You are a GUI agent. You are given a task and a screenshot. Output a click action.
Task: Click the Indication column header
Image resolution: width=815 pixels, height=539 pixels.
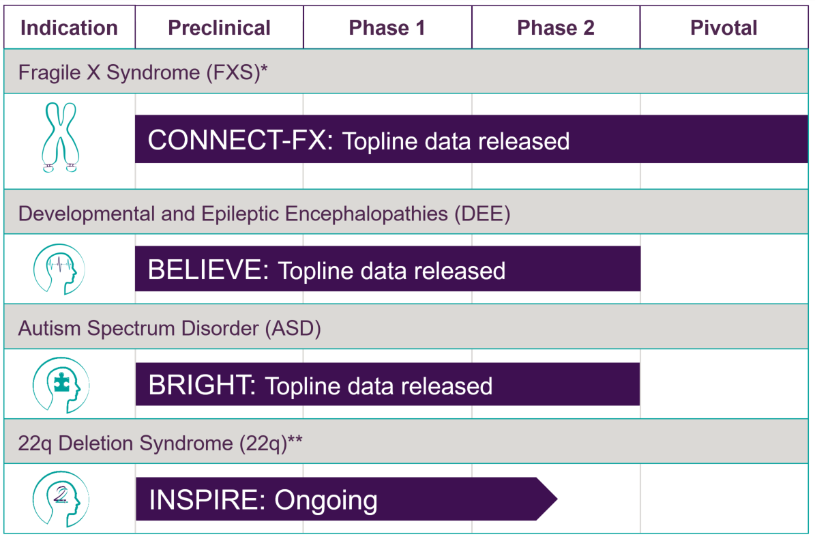point(69,28)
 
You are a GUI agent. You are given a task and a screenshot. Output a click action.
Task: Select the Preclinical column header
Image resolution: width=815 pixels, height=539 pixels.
point(220,28)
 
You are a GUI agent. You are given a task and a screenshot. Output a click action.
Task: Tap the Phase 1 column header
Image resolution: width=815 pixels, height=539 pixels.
point(387,28)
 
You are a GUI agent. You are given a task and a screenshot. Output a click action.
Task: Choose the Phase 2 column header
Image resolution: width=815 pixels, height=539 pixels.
point(556,28)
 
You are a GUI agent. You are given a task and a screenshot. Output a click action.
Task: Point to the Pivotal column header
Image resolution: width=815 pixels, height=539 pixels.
point(724,28)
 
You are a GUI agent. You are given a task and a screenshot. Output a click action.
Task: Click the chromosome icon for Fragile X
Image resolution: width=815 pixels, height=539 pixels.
point(61,137)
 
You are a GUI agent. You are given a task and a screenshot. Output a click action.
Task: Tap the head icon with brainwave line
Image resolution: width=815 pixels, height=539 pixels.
point(59,269)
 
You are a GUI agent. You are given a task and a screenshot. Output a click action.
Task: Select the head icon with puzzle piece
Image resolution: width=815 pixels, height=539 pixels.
point(61,385)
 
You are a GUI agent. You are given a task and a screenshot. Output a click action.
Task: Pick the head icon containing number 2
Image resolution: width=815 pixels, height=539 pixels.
point(61,499)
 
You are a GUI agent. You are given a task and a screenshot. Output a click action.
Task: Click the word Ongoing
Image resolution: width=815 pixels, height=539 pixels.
point(326,501)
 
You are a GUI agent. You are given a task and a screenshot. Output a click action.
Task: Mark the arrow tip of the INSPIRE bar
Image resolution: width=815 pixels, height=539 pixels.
point(557,499)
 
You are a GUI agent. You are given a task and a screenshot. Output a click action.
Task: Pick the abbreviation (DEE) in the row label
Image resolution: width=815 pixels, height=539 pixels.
point(482,214)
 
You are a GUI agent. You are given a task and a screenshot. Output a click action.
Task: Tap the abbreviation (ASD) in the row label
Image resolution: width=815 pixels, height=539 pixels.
point(293,328)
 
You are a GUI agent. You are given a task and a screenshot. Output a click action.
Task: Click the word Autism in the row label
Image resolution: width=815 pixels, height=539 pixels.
point(50,328)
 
